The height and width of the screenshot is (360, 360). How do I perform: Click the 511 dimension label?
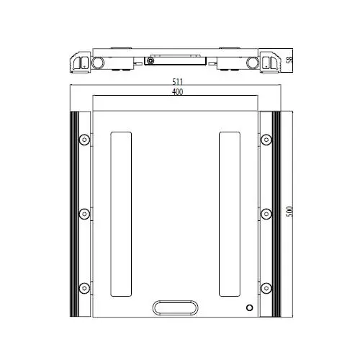pyautogui.click(x=178, y=82)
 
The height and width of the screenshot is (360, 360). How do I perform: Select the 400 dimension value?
pyautogui.click(x=178, y=91)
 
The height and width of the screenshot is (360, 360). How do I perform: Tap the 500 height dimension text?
pyautogui.click(x=289, y=212)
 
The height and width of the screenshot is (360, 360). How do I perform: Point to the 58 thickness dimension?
pyautogui.click(x=290, y=60)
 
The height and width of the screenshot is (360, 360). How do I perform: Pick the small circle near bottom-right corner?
pyautogui.click(x=250, y=307)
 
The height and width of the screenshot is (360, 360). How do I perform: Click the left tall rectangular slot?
pyautogui.click(x=121, y=214)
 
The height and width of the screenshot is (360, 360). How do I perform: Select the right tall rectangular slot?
pyautogui.click(x=230, y=214)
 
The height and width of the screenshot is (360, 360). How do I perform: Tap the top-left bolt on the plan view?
pyautogui.click(x=84, y=140)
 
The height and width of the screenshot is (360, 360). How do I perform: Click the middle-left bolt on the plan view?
pyautogui.click(x=84, y=214)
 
